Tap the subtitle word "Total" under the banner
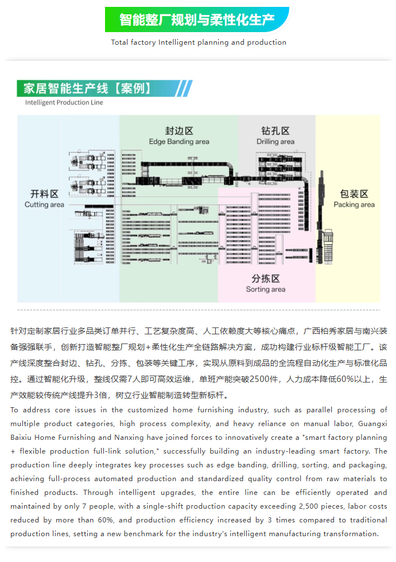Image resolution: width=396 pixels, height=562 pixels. pos(119,42)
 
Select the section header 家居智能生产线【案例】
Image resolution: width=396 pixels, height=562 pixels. pos(87,88)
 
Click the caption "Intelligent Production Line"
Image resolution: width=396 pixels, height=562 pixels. pos(64,103)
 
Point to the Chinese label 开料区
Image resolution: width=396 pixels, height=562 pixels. pos(44,194)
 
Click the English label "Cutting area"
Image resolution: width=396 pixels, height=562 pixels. pos(44,205)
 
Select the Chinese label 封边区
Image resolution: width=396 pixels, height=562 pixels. pos(179,130)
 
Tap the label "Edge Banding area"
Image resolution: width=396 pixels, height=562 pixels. pos(179,142)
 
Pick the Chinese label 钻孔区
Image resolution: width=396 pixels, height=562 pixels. pos(275,131)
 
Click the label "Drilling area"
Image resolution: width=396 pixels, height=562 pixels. pos(275,142)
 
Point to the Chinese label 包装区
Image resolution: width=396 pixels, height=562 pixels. pos(354,194)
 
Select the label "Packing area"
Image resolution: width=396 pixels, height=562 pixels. pos(354,205)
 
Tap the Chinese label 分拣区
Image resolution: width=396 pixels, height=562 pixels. pos(266,279)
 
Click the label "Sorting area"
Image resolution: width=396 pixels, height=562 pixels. pos(266,290)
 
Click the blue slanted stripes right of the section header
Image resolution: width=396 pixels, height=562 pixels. pos(184,88)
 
